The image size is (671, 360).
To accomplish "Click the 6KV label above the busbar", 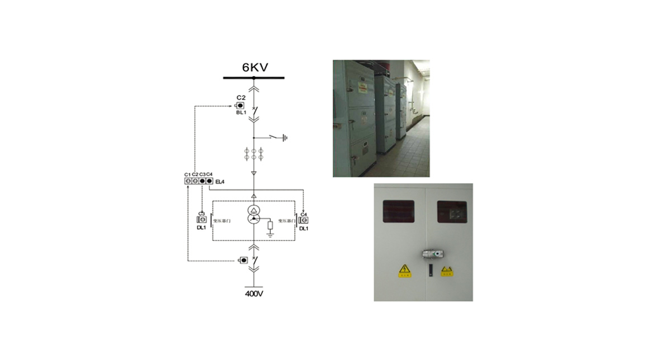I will tap(254, 68).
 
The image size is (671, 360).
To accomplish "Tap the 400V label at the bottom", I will tap(254, 293).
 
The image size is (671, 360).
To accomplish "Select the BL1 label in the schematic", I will tap(241, 112).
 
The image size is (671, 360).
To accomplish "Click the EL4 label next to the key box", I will tap(220, 181).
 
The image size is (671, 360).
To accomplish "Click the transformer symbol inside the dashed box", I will tap(254, 215).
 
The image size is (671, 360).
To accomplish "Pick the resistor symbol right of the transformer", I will tap(271, 225).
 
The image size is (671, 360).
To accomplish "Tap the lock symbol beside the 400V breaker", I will tap(243, 260).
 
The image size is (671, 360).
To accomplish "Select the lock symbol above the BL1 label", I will tap(240, 105).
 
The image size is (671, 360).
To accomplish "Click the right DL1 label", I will tap(304, 229).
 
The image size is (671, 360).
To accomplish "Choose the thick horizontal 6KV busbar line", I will tap(254, 78).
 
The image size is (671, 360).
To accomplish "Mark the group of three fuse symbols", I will tap(254, 155).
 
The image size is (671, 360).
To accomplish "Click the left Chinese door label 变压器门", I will tap(222, 221).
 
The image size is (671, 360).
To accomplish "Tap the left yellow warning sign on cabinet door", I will tap(404, 272).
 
